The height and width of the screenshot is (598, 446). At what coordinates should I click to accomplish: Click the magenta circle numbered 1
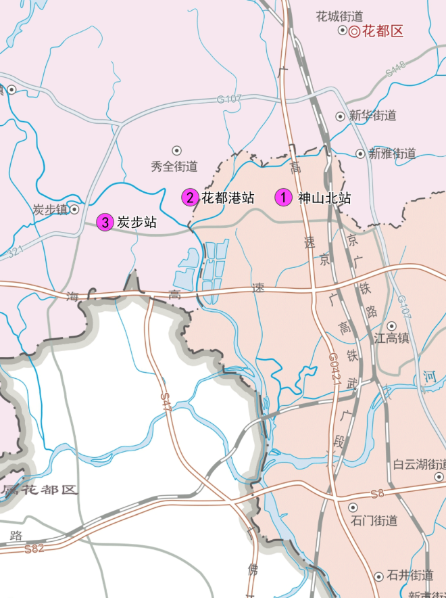[284, 198]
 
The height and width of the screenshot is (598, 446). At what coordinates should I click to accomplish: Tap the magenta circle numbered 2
[191, 198]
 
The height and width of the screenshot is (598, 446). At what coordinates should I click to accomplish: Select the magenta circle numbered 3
[105, 222]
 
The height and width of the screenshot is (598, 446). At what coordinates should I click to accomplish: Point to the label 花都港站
[228, 198]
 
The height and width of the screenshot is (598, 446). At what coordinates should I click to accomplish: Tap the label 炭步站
[137, 222]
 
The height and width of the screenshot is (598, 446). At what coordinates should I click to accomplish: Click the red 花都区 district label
[382, 31]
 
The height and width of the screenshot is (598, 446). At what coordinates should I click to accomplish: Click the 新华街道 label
[373, 116]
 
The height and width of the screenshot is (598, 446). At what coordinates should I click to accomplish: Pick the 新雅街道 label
[392, 154]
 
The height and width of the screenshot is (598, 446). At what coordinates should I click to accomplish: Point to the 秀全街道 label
[174, 166]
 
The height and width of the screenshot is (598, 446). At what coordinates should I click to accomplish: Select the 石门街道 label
[374, 521]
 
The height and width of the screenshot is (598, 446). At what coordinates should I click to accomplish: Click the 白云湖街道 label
[420, 465]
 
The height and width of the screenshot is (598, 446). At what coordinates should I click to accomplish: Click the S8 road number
[376, 495]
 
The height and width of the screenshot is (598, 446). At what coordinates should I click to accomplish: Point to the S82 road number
[34, 548]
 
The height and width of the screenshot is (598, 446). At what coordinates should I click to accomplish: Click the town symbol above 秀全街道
[177, 150]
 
